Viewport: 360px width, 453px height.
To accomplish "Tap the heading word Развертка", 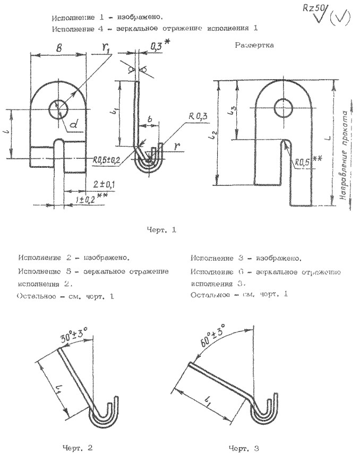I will [254, 45].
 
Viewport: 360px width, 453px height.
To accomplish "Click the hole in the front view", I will [58, 110].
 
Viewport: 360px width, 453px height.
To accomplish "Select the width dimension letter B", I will [57, 47].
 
